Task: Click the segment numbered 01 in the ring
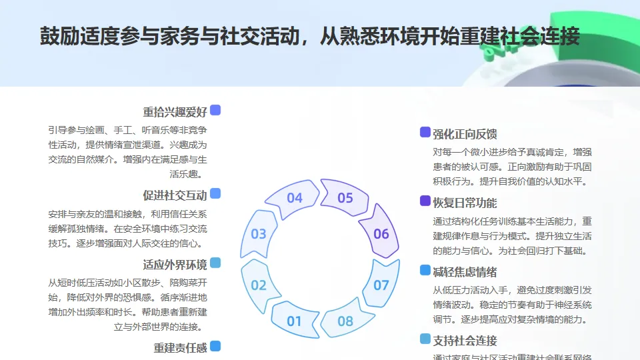294,321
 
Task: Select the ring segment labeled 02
259,285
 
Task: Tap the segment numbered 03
259,234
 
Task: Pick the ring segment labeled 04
294,198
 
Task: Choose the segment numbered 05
345,198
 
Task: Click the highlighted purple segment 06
381,234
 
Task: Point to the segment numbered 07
381,285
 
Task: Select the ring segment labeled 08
345,321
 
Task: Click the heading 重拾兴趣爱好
175,111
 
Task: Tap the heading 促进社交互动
175,195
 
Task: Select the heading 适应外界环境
175,264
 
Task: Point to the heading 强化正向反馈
465,134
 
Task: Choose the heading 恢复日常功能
465,203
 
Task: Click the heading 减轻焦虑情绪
465,272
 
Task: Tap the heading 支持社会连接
465,341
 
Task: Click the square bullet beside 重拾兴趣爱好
215,110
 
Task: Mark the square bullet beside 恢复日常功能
425,201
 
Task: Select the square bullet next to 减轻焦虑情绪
425,271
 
